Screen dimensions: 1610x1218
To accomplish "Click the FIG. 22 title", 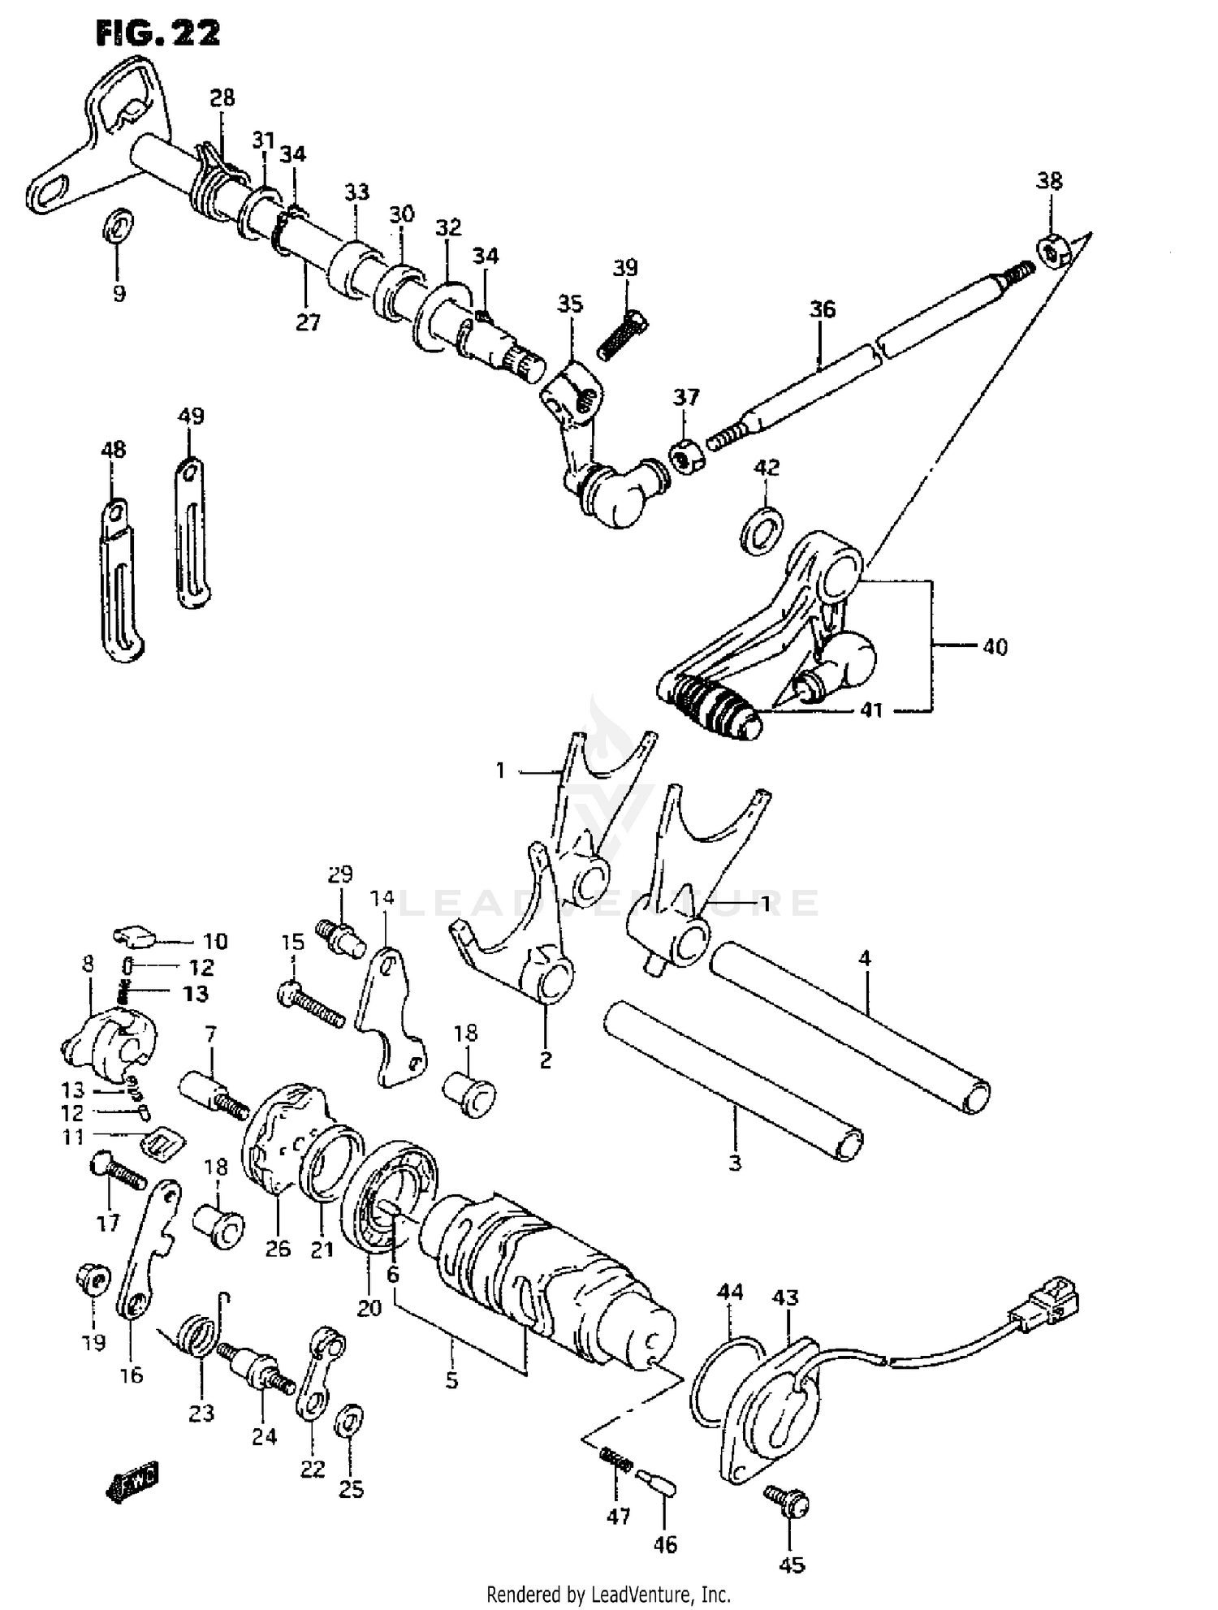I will coord(158,34).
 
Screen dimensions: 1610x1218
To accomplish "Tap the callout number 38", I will coord(1049,181).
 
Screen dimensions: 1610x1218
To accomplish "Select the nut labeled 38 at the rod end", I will coord(1053,252).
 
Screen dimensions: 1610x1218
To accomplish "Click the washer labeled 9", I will coord(119,225).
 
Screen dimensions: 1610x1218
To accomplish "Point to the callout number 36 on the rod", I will coord(822,309).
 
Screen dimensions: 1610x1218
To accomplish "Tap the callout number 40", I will coord(995,647).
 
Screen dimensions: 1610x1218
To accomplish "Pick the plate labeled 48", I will coord(120,581).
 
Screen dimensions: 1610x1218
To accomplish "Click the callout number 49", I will coord(191,417).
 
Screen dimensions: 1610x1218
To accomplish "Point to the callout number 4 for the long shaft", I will coord(865,959).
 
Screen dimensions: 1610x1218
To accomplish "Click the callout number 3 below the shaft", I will coord(734,1163).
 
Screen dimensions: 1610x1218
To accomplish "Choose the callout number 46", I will coord(665,1544).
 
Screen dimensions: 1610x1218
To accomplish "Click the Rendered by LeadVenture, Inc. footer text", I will coord(608,1595).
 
